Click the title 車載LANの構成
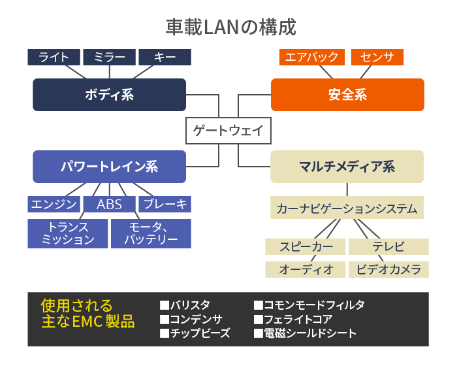click(x=231, y=27)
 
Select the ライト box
click(x=54, y=57)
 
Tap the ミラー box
click(x=109, y=57)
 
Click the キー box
click(x=165, y=57)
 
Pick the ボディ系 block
click(x=109, y=95)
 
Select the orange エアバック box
click(x=312, y=57)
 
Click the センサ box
click(x=377, y=57)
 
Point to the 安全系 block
click(x=347, y=95)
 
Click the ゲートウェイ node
click(x=228, y=131)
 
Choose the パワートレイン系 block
click(x=109, y=167)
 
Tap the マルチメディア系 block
click(x=347, y=167)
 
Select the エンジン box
click(x=54, y=204)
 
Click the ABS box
click(x=109, y=204)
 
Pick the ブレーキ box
click(x=165, y=204)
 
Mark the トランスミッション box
click(x=68, y=233)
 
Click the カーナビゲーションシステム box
click(x=347, y=208)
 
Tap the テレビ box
click(x=388, y=246)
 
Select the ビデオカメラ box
click(x=388, y=269)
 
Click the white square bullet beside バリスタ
click(x=165, y=305)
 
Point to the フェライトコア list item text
click(x=298, y=319)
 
